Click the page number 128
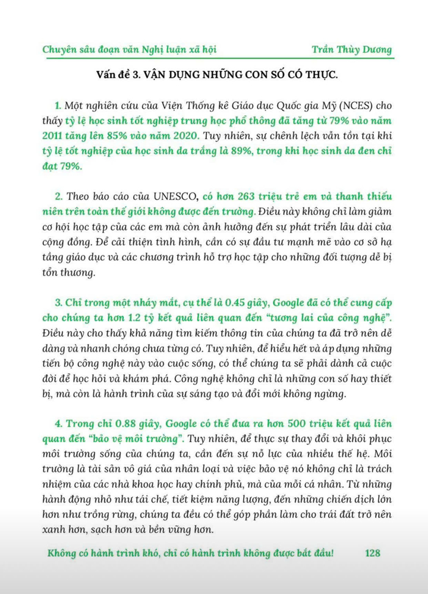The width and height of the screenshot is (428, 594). point(373,552)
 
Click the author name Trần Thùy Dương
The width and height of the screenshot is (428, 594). point(353,49)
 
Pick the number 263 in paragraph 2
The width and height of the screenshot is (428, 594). point(253,197)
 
